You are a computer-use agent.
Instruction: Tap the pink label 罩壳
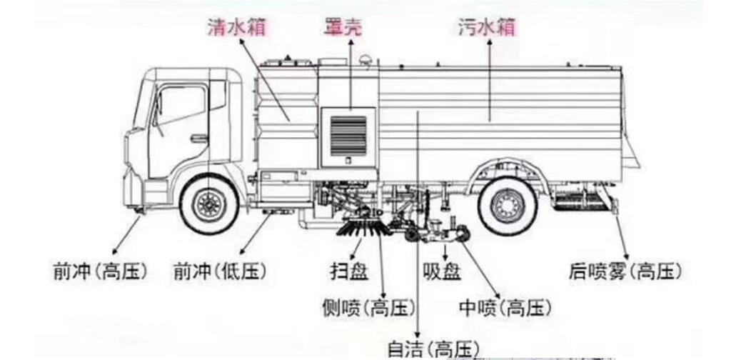point(343,27)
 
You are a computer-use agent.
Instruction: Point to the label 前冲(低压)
point(220,271)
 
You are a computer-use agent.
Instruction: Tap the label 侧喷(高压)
point(369,308)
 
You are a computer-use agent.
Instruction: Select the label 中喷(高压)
point(505,308)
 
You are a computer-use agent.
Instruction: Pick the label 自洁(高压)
point(431,349)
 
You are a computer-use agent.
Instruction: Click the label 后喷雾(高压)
point(625,271)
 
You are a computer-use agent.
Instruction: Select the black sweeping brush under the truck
point(363,229)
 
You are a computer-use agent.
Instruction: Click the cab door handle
point(199,139)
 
